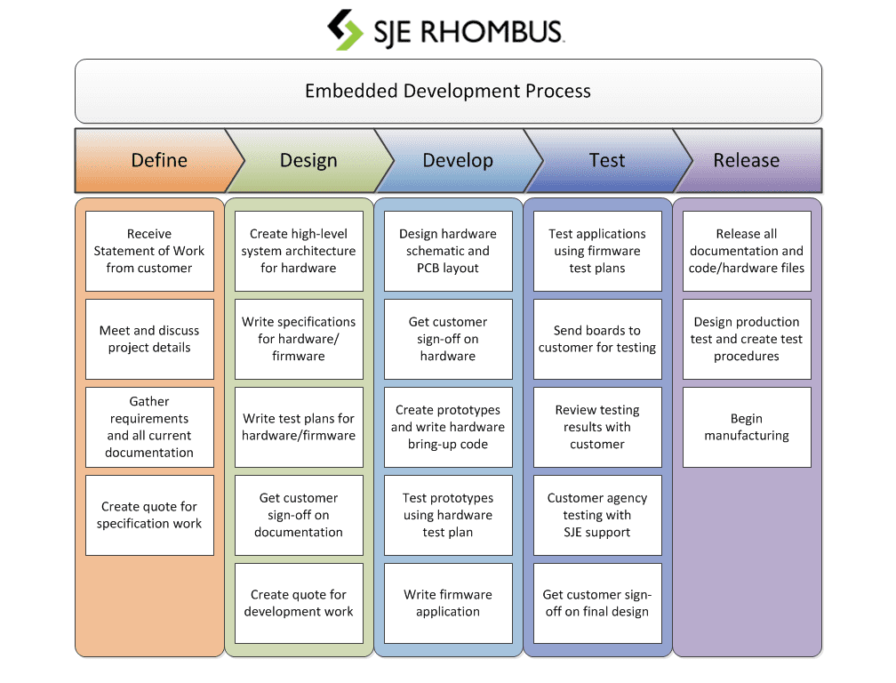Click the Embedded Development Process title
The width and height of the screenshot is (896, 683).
[x=448, y=91]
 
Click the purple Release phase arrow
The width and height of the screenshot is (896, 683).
[x=747, y=161]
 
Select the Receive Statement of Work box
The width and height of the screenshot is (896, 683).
[x=149, y=251]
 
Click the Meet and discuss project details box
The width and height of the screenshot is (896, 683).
[x=149, y=339]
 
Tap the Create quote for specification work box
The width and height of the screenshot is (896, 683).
[x=149, y=515]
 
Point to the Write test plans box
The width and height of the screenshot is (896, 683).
[x=299, y=427]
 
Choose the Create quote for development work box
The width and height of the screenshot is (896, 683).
[x=299, y=603]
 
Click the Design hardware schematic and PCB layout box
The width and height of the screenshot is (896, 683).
[x=448, y=251]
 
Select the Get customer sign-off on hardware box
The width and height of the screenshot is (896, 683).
[x=448, y=339]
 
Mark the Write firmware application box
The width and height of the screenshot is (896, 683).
[x=448, y=603]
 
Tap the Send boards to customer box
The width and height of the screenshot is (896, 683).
[x=597, y=339]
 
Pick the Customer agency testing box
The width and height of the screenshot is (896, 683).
[x=597, y=515]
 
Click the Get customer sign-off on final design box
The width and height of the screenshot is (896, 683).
[x=597, y=603]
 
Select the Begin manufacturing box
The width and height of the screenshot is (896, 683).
[x=747, y=427]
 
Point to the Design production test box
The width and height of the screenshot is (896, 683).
[x=747, y=339]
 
